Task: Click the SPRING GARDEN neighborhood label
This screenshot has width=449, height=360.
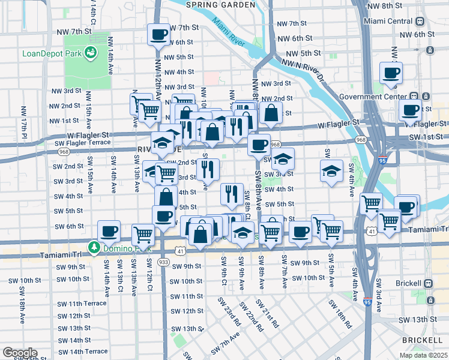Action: (220, 5)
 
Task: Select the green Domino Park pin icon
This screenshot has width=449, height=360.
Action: (94, 247)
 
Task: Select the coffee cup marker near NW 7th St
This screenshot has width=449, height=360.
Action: (160, 35)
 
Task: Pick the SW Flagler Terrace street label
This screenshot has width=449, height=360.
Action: (82, 143)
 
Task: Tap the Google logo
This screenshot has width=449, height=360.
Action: (20, 352)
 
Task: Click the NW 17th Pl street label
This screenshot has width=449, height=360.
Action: (24, 121)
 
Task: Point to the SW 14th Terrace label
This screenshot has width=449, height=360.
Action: (83, 351)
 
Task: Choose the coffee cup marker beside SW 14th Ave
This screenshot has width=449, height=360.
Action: (109, 230)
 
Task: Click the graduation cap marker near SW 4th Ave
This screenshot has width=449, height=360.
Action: (331, 171)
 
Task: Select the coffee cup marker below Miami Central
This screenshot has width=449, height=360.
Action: (391, 74)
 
